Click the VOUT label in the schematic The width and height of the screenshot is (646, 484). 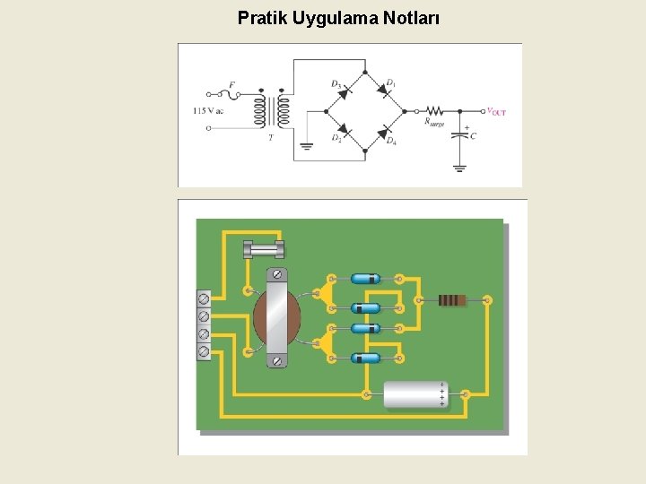(496, 112)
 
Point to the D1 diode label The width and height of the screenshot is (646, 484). (390, 83)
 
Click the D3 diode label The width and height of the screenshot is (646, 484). (336, 84)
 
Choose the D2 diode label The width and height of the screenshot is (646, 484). (336, 137)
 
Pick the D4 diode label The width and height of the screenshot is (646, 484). (391, 140)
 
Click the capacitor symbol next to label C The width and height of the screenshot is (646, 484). (460, 134)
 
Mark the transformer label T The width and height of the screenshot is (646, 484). (271, 137)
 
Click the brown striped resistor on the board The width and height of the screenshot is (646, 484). (452, 300)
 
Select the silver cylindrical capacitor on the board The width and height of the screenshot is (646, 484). (415, 394)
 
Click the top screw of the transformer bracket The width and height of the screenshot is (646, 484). (278, 274)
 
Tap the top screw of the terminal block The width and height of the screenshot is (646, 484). (204, 298)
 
